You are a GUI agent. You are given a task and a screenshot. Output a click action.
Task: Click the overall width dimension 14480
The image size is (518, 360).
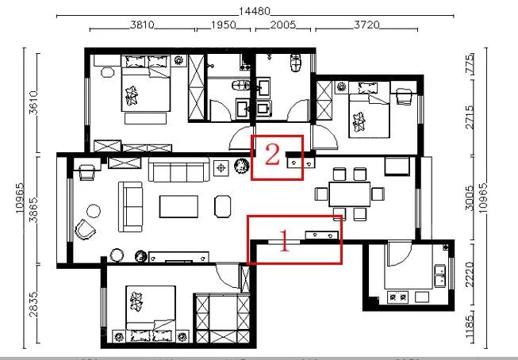[255, 12]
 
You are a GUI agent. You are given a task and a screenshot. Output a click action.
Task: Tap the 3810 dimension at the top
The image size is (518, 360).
[142, 25]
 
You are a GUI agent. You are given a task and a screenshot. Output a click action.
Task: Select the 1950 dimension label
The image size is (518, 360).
[224, 25]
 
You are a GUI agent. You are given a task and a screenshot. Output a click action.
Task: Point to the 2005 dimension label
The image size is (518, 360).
[283, 25]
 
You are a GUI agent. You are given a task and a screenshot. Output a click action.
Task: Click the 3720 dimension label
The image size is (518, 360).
[366, 25]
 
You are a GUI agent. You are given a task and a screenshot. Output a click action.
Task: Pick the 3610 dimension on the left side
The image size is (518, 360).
[33, 103]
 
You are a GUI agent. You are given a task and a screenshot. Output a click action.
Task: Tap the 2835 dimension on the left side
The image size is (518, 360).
[33, 304]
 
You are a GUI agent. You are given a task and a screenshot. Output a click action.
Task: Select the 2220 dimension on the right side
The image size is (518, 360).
[469, 274]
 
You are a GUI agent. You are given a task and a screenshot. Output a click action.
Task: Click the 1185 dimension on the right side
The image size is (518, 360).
[469, 327]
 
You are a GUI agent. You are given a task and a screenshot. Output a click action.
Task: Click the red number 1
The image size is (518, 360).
[285, 241]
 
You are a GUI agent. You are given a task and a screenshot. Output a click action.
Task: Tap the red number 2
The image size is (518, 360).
[272, 155]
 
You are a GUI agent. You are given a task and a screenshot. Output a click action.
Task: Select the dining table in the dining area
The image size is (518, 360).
[350, 194]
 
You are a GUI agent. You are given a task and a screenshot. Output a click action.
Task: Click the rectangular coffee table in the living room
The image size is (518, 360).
[178, 207]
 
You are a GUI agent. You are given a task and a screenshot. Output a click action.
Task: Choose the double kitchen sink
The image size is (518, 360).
[439, 276]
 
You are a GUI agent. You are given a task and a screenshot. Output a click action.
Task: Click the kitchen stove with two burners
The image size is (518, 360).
[397, 297]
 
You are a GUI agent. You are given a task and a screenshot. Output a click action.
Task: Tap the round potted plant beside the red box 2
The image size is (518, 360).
[241, 166]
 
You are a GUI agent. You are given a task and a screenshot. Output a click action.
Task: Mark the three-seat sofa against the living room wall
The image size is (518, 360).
[178, 170]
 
